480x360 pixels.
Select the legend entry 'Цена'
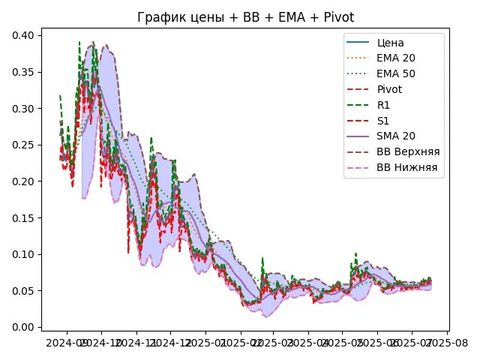coord(390,41)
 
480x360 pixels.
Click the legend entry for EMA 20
coord(397,57)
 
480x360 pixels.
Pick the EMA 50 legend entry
coord(397,73)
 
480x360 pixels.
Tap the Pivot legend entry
coord(390,88)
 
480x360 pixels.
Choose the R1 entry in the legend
coord(384,104)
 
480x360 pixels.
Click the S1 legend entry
coord(383,120)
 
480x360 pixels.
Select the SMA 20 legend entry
coord(397,136)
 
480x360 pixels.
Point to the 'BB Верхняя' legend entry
coord(408,151)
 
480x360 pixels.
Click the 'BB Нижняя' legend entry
coord(407,167)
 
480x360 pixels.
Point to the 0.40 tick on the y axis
coord(31,35)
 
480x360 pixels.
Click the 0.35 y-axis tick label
coord(31,72)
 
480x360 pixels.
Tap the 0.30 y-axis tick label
coord(31,109)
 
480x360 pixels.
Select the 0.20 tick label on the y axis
coord(31,181)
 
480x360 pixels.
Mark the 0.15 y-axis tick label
coord(31,218)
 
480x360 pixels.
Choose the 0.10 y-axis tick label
coord(31,254)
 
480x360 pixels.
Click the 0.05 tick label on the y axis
coord(31,291)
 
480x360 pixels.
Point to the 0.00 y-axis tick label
coord(31,328)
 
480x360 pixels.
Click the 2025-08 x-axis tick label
coord(448,343)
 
